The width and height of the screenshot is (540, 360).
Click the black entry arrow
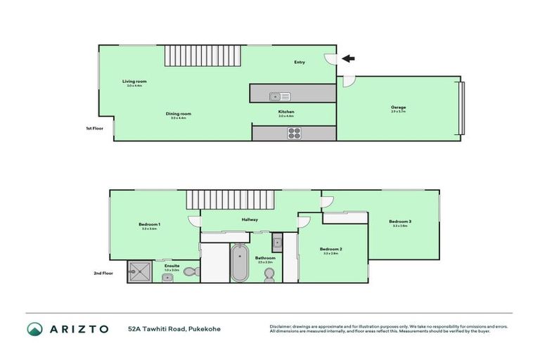(x=348, y=58)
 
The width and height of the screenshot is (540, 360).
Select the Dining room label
(x=179, y=114)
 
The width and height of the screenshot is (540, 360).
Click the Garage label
(x=399, y=108)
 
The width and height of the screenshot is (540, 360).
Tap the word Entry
(x=300, y=63)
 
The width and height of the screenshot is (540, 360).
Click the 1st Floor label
(x=94, y=129)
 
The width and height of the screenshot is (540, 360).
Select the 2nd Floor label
(x=103, y=274)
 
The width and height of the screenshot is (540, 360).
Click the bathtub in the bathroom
(x=240, y=263)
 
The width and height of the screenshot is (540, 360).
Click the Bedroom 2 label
(x=330, y=249)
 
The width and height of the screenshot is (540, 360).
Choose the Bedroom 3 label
(x=399, y=221)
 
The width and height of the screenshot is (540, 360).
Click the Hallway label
(x=250, y=219)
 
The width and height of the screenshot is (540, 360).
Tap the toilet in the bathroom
(x=270, y=275)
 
